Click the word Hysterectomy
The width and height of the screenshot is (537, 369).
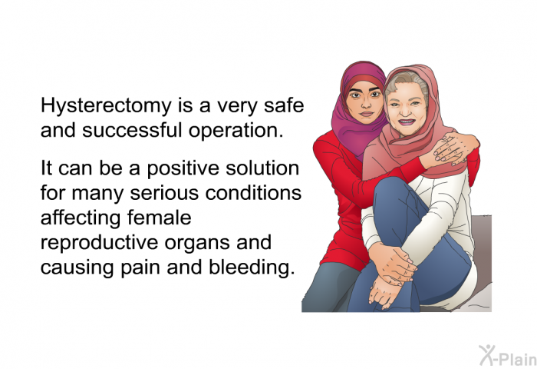[106, 106]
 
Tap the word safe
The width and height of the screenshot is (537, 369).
[284, 105]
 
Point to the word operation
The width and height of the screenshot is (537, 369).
[236, 131]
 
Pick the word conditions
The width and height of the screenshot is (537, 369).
[253, 193]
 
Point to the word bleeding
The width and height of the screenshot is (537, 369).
[252, 268]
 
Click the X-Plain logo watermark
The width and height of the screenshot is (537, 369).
[508, 355]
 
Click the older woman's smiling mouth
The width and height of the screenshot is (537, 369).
[407, 122]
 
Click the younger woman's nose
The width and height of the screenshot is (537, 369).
[366, 102]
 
